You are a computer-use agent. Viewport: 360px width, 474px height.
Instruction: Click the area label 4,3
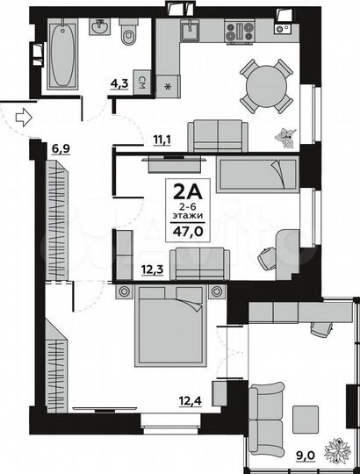(118, 84)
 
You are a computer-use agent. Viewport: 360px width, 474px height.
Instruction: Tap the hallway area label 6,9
(61, 148)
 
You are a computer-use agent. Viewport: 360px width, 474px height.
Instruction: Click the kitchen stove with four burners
(239, 32)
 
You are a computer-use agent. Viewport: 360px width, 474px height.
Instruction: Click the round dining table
(267, 86)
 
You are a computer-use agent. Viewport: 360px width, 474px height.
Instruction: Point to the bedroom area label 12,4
(187, 402)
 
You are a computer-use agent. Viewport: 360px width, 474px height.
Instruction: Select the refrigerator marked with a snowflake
(167, 86)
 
